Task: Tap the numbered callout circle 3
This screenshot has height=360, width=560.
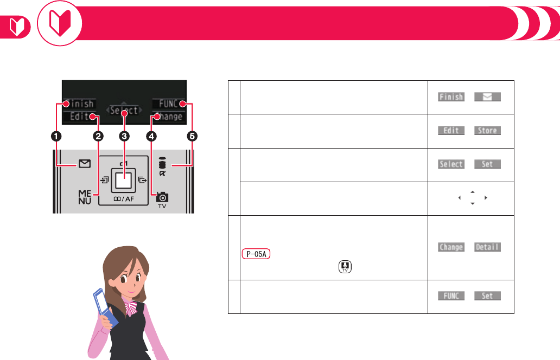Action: tap(124, 137)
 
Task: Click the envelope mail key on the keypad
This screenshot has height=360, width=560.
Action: tap(84, 164)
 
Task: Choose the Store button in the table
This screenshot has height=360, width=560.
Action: tap(487, 130)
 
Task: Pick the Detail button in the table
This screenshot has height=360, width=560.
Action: tap(487, 247)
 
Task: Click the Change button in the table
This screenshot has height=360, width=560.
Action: tap(451, 247)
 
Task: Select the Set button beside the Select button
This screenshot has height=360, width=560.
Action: tap(487, 164)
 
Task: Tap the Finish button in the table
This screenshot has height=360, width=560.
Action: tap(451, 97)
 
